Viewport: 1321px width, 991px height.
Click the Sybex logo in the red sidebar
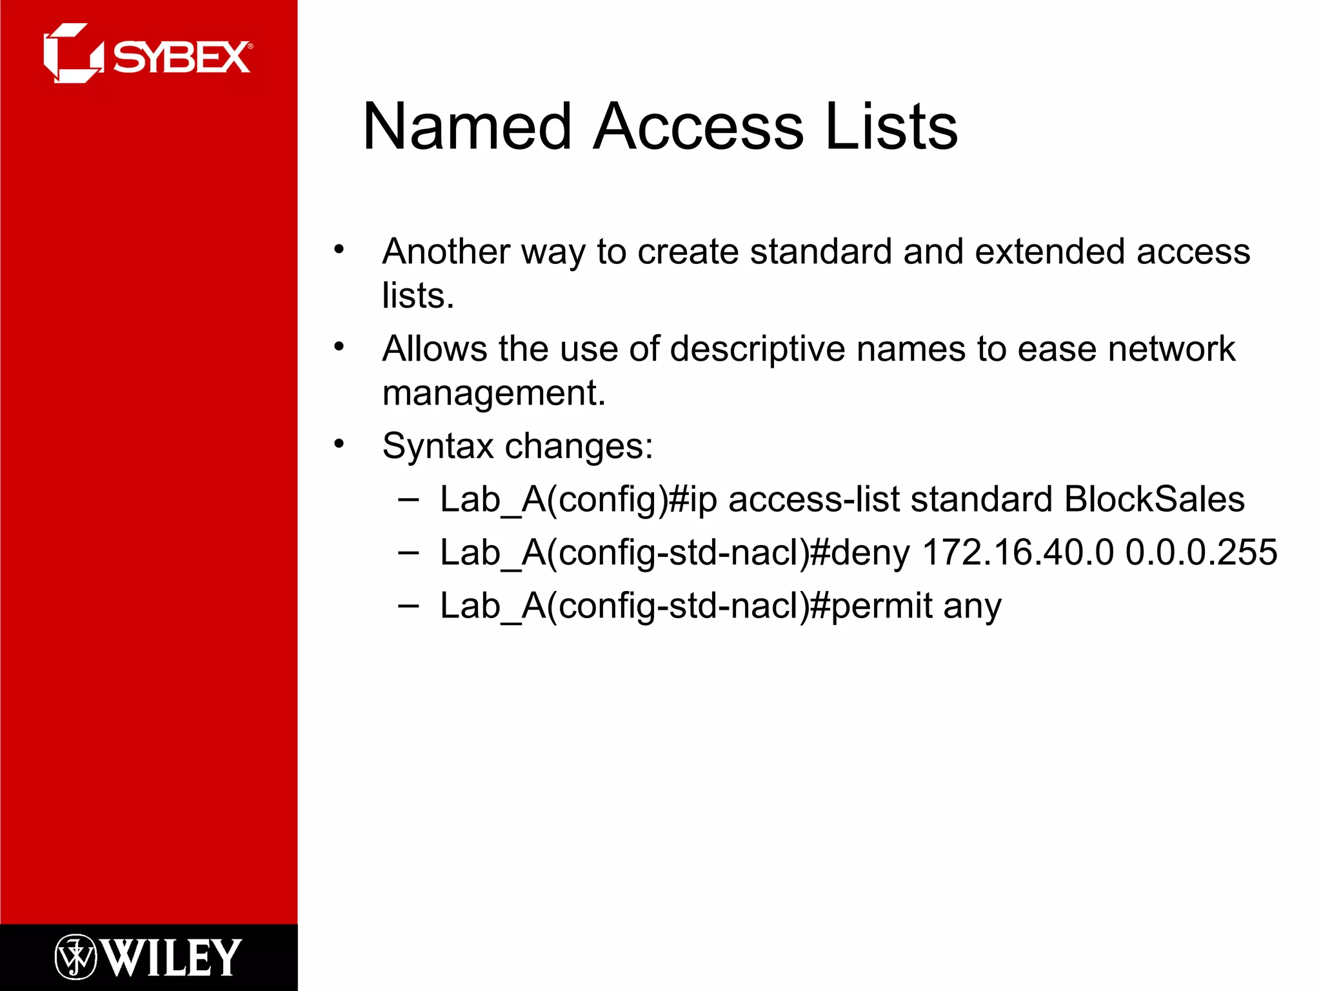click(148, 54)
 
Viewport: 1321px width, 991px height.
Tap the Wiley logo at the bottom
click(148, 957)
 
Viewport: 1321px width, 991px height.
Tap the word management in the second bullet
click(493, 393)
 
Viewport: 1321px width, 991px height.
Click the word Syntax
click(438, 446)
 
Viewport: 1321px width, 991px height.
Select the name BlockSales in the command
click(1154, 499)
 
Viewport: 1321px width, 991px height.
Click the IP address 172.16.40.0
click(1018, 552)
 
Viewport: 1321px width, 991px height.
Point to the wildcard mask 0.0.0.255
click(1201, 552)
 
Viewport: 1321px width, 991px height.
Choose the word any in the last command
click(972, 606)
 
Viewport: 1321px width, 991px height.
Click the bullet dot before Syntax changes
click(339, 444)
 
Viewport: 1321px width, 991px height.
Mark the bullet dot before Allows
click(339, 347)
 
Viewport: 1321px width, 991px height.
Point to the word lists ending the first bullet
click(417, 295)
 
